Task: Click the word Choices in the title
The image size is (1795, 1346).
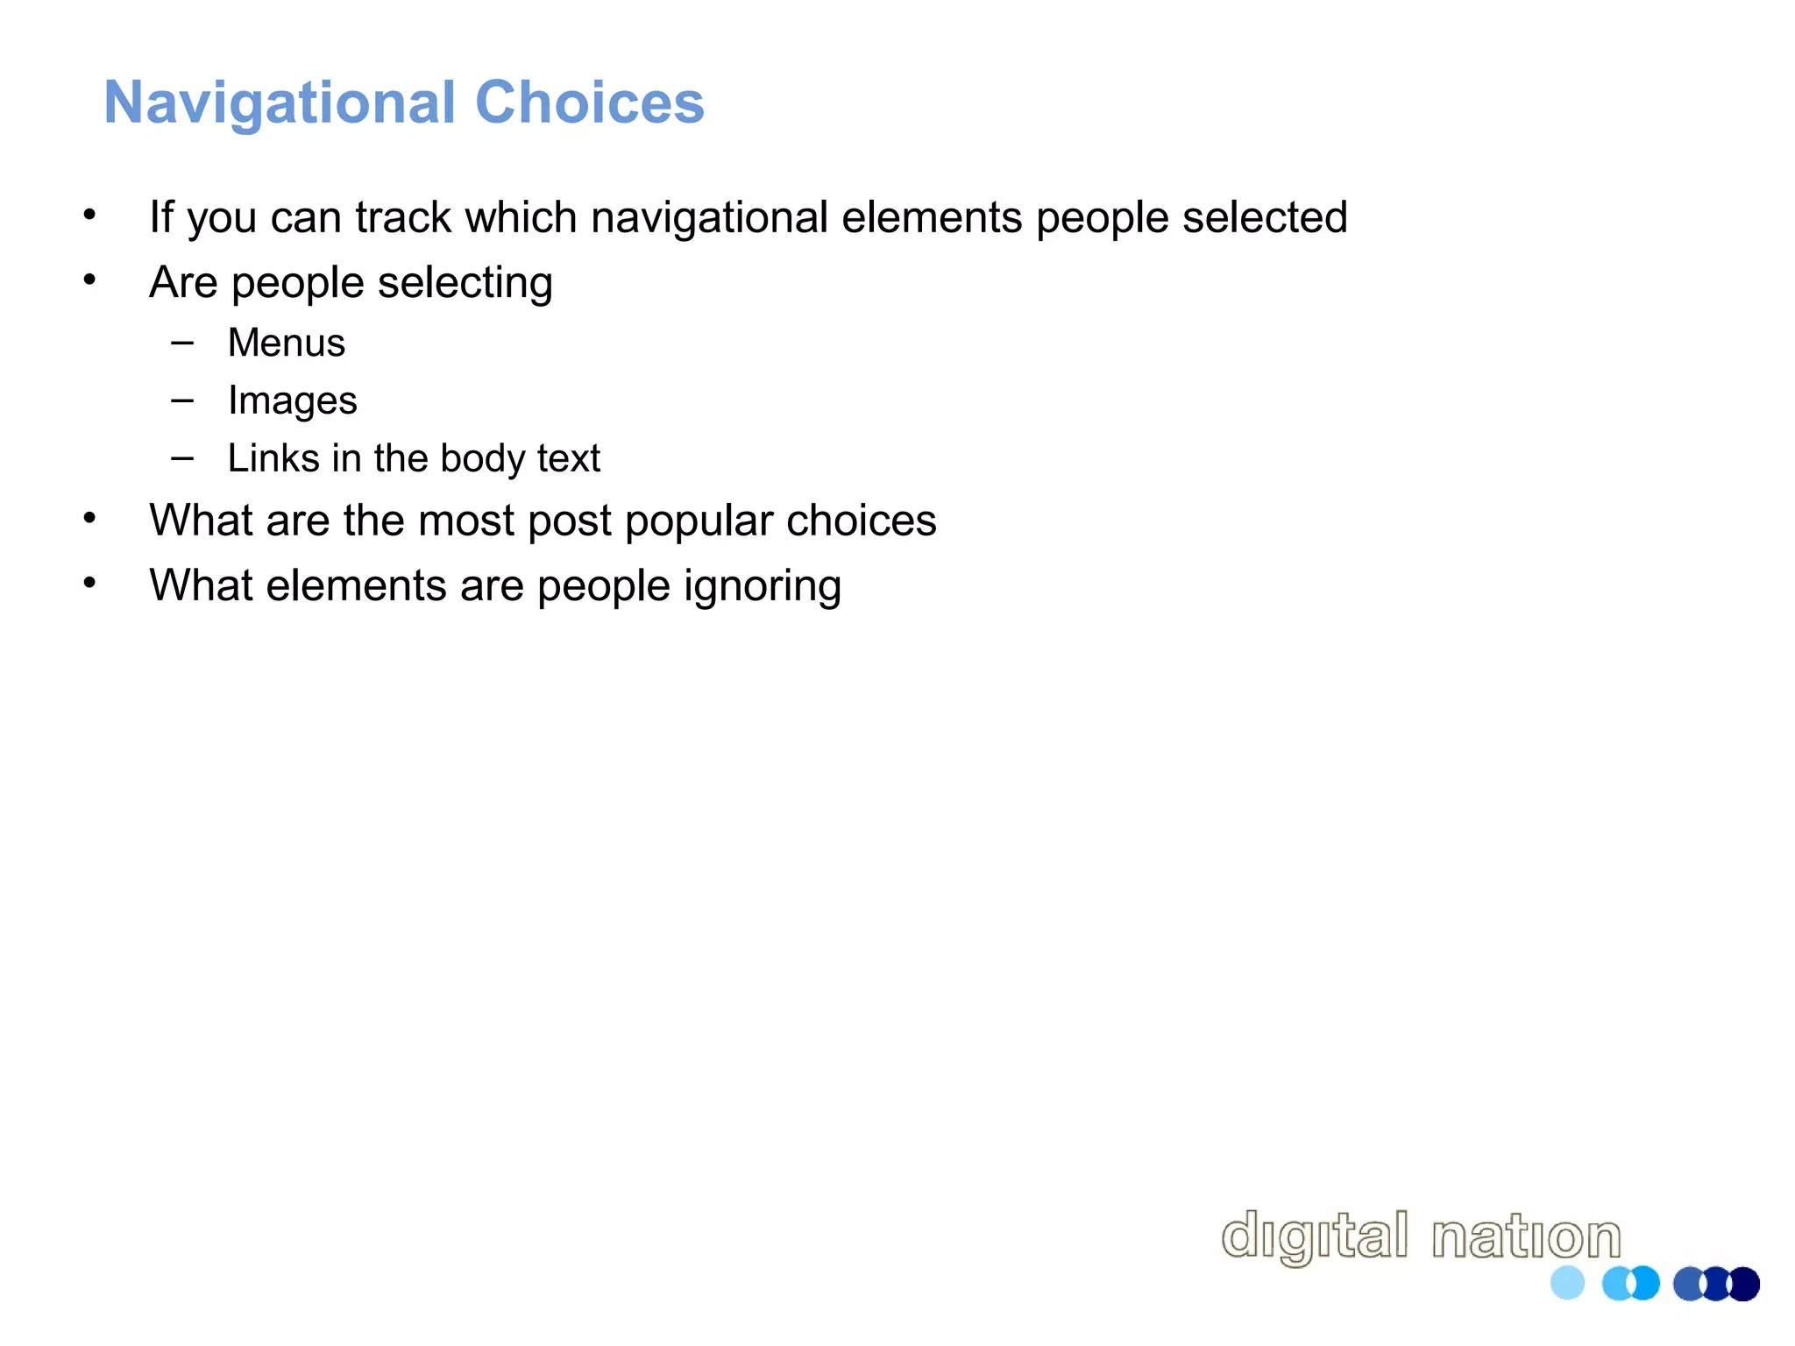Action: pos(589,103)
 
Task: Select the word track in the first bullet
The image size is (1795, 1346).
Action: pos(403,217)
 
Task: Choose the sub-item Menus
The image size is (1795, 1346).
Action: pos(287,343)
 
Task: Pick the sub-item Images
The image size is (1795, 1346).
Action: pos(292,401)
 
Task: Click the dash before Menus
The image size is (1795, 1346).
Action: pos(182,343)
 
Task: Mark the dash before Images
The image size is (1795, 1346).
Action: pos(182,400)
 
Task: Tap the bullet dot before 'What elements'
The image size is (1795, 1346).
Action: pos(89,583)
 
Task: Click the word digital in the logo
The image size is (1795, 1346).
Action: pos(1315,1237)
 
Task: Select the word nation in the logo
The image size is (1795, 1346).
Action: pos(1526,1237)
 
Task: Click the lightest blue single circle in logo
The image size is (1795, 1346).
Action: pos(1567,1283)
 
